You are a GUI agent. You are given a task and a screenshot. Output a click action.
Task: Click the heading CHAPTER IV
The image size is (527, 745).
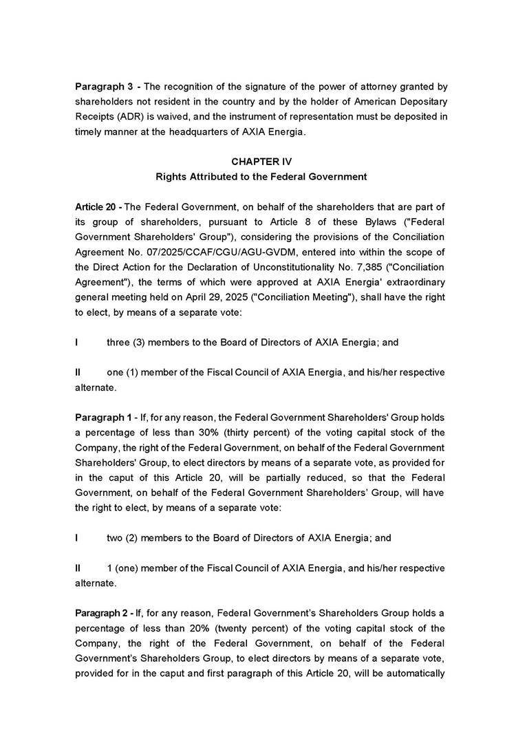(x=261, y=162)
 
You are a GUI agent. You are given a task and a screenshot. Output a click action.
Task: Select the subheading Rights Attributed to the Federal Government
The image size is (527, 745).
(x=261, y=177)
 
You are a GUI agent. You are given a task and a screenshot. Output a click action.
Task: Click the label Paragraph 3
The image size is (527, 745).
(x=104, y=87)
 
